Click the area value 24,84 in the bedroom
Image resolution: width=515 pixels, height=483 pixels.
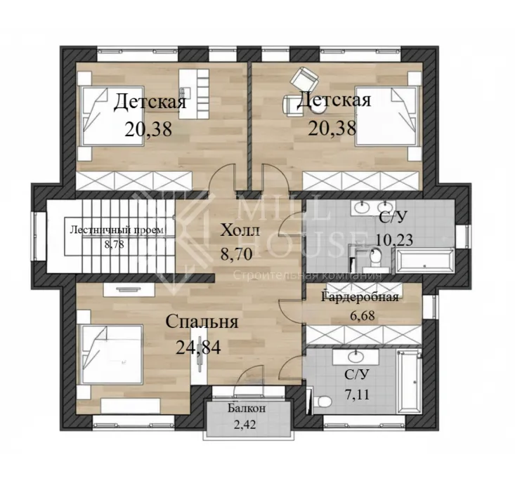coord(198,347)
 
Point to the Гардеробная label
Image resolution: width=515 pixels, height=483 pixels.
coord(360,298)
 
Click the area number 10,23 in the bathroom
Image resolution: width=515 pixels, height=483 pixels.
coord(394,240)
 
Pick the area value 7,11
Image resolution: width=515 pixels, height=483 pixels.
coord(357,393)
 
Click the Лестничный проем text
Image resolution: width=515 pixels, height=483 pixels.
coord(117,230)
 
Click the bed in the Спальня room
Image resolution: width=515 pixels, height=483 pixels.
coord(112,354)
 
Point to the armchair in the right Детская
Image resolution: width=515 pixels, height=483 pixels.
coord(305,78)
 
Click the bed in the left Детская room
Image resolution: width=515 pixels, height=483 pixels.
coord(113,116)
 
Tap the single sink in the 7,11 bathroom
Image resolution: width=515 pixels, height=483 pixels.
coord(356,357)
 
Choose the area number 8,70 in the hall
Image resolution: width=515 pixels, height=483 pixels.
coord(237,253)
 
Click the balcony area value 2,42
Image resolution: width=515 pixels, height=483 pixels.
coord(245,425)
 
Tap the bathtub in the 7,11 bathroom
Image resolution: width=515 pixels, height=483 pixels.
coord(409,382)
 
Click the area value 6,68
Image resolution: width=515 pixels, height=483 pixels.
coord(363,317)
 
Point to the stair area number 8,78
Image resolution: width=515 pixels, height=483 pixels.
coord(115,244)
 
